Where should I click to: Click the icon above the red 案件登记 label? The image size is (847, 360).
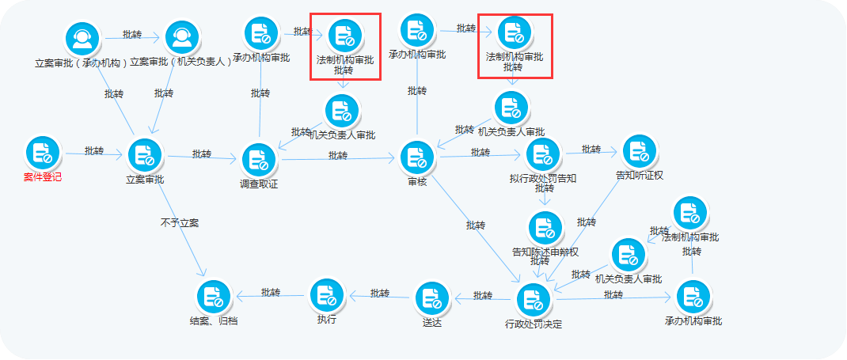[43, 153]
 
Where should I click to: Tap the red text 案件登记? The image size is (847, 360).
[43, 177]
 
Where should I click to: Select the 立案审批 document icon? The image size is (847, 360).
[145, 154]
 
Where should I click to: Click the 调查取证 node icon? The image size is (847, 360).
[259, 160]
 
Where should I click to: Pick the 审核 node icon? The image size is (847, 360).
[417, 158]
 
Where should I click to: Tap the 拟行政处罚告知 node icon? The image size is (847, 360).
[543, 154]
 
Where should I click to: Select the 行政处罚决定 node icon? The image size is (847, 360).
[534, 300]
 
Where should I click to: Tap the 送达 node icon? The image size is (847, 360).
[431, 299]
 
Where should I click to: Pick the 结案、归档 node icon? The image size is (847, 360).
[214, 297]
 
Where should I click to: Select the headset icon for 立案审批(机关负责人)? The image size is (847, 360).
[182, 36]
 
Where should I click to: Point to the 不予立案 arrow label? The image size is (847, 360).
[180, 223]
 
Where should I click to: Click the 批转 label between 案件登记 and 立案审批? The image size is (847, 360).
[94, 150]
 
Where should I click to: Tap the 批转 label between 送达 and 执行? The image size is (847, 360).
[380, 293]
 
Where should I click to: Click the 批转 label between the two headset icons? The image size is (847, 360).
[132, 35]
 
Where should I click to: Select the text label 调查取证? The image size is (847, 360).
[259, 184]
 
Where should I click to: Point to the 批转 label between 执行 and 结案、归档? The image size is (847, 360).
[271, 292]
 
